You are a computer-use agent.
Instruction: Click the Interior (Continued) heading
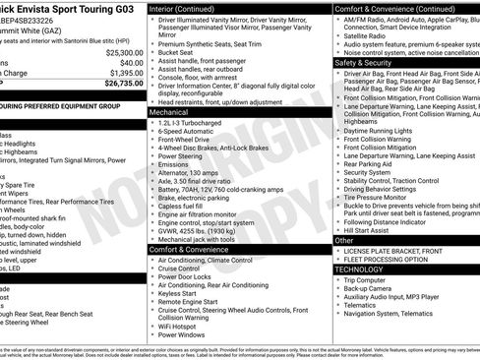click(x=191, y=7)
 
